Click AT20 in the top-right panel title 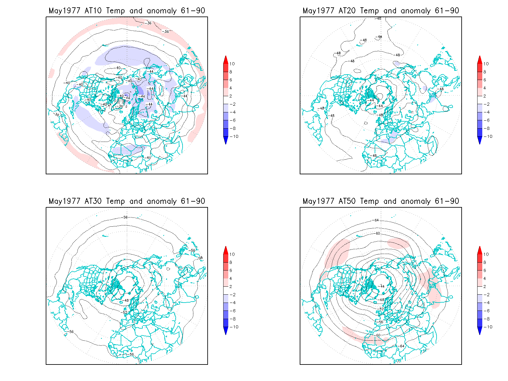pos(347,11)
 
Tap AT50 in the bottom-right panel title pos(347,201)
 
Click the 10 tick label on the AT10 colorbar pos(232,64)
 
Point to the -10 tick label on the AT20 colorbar pos(488,137)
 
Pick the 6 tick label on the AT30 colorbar pos(231,271)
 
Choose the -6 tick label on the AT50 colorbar pos(487,311)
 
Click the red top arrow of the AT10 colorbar pos(226,59)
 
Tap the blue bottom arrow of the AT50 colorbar pos(480,331)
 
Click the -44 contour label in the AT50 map pos(382,286)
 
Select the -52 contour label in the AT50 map pos(381,309)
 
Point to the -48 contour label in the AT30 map pos(126,300)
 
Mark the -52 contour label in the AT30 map pos(125,312)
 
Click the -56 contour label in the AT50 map pos(381,322)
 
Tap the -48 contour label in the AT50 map pos(382,300)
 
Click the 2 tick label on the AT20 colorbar pos(485,96)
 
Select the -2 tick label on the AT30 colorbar pos(233,295)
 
